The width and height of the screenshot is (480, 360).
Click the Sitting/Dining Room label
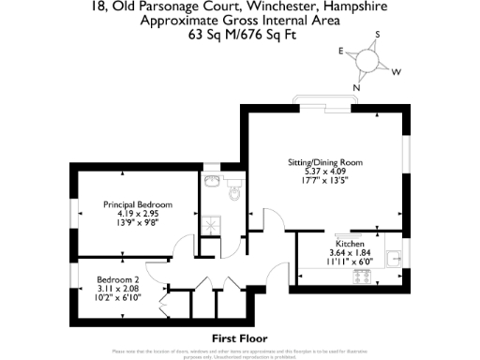pos(323,161)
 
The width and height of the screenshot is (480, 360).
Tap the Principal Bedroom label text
pos(138,204)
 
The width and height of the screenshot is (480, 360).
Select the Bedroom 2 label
pos(119,279)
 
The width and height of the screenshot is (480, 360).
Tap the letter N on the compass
pos(356,89)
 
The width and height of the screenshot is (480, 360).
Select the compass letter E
pos(341,52)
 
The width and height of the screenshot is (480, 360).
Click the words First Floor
pos(239,337)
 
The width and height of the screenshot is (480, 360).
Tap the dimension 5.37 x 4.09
pos(323,172)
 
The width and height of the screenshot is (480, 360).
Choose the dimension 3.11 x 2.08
pos(119,289)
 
